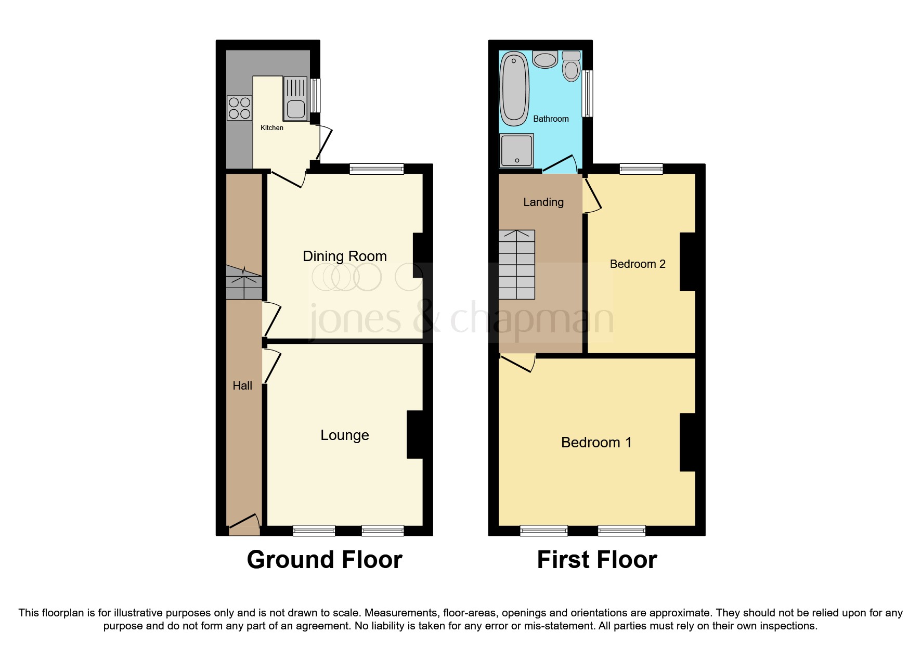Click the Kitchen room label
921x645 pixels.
coord(271,127)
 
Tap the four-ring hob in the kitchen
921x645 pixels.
coord(239,108)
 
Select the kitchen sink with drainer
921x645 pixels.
coord(295,98)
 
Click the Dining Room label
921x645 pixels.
coord(344,256)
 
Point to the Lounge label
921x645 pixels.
coord(344,435)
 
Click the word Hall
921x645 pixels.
coord(242,385)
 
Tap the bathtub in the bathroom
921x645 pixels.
coord(514,88)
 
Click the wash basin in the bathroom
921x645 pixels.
coord(545,60)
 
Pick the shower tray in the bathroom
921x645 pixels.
coord(516,151)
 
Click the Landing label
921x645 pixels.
coord(543,202)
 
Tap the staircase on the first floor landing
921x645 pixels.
coord(516,264)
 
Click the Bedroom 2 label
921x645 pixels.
coord(637,264)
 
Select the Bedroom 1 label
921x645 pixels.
coord(596,442)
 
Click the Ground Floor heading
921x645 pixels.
coord(324,560)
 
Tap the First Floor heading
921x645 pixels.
coord(596,560)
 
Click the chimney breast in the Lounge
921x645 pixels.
coord(415,434)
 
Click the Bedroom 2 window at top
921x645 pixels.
coord(641,168)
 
